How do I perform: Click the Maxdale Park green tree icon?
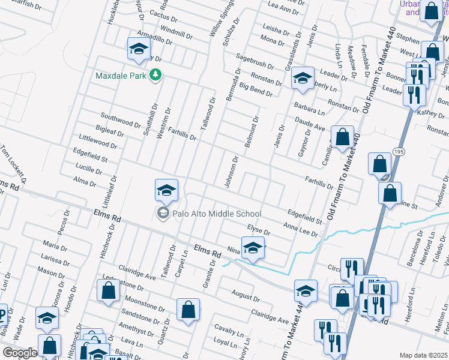point(156,75)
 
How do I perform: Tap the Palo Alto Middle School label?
point(217,214)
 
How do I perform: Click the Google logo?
point(19,353)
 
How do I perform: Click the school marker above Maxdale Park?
point(139,49)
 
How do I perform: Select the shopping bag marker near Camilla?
point(342,137)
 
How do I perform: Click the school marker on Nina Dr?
point(253,247)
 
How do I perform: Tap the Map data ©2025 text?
point(423,355)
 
